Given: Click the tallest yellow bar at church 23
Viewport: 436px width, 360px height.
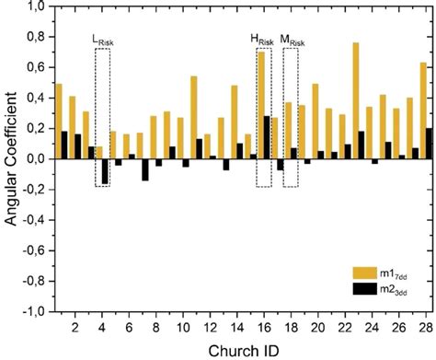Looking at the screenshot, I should (x=356, y=100).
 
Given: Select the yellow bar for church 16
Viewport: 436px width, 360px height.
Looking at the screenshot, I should (x=261, y=105).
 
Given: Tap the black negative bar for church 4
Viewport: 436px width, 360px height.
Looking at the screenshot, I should (x=105, y=170).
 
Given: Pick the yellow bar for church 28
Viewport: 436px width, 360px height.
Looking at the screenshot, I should (x=423, y=110).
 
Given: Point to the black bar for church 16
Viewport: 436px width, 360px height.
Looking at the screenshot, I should (x=267, y=137).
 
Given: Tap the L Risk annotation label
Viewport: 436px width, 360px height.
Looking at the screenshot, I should (x=102, y=41).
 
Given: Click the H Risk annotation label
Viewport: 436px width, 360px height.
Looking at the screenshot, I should (x=262, y=41).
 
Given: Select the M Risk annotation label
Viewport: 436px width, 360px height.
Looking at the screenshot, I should (x=293, y=41).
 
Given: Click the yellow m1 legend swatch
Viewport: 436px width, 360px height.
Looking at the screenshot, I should (x=365, y=273).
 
